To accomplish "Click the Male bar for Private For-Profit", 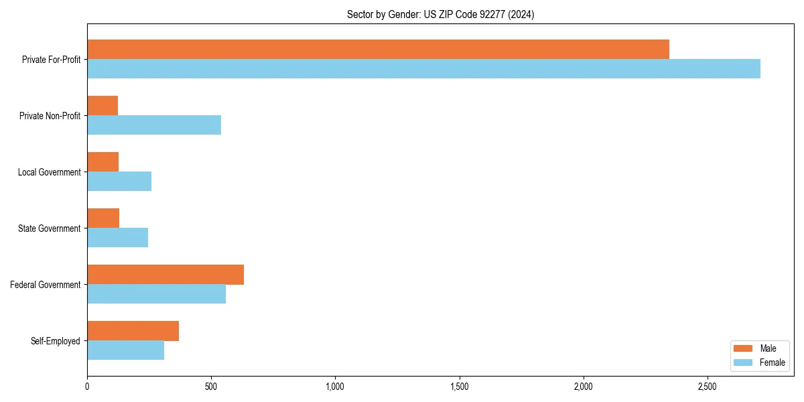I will (378, 50).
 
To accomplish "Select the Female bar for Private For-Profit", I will (423, 69).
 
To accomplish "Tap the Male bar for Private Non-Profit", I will (103, 106).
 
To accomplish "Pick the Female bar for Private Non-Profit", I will (154, 125).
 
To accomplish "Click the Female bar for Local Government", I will (119, 182).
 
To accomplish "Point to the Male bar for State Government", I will (103, 218).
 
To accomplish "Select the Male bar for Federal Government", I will (165, 275).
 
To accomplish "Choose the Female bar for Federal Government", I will (156, 294).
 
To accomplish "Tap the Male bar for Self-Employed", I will (133, 331).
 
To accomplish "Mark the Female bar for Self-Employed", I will (125, 350).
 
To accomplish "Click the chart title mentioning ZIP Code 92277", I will (440, 14).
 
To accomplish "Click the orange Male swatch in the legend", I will (743, 348).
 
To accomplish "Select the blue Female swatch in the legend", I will (743, 362).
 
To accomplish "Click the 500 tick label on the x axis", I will (211, 387).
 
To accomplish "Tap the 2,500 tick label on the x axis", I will (708, 387).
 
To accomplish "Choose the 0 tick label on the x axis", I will (87, 387).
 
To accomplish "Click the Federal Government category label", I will (45, 285).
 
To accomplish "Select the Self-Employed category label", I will (55, 341).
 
